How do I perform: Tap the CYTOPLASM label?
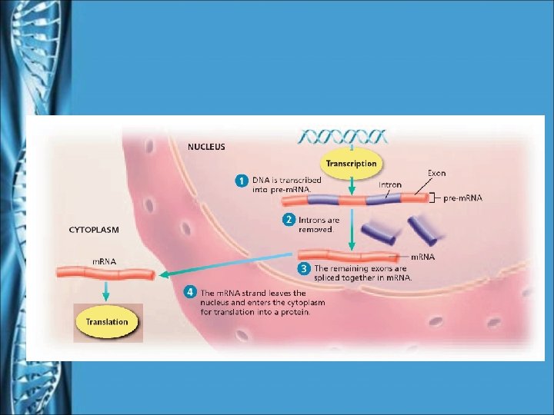[x=94, y=229]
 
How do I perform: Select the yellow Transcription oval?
[x=351, y=164]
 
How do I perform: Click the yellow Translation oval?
[x=107, y=321]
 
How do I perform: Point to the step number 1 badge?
[x=241, y=181]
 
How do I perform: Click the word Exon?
[x=436, y=173]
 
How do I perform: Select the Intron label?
[x=389, y=184]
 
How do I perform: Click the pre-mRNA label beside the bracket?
[x=463, y=198]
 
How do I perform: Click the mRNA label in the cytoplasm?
[x=104, y=261]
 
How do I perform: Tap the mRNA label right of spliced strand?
[x=422, y=257]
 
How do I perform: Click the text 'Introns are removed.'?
[x=319, y=224]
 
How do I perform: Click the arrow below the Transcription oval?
[x=351, y=186]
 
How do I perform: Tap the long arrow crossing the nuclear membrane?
[x=231, y=266]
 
